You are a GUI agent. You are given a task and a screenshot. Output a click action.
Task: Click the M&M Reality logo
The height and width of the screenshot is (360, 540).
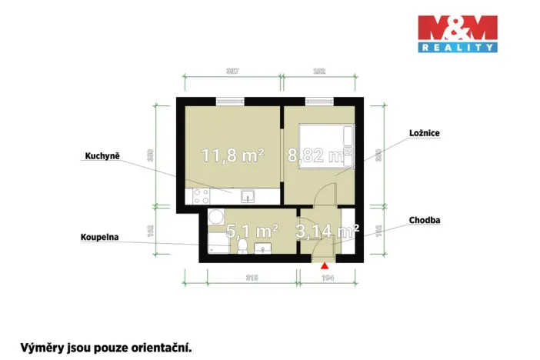[457, 34]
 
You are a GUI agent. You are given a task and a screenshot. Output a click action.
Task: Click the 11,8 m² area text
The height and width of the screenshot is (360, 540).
[233, 156]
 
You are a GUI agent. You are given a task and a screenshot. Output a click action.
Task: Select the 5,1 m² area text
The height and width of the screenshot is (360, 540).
[252, 230]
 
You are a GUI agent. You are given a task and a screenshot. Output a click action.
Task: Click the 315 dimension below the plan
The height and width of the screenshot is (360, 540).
[251, 277]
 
